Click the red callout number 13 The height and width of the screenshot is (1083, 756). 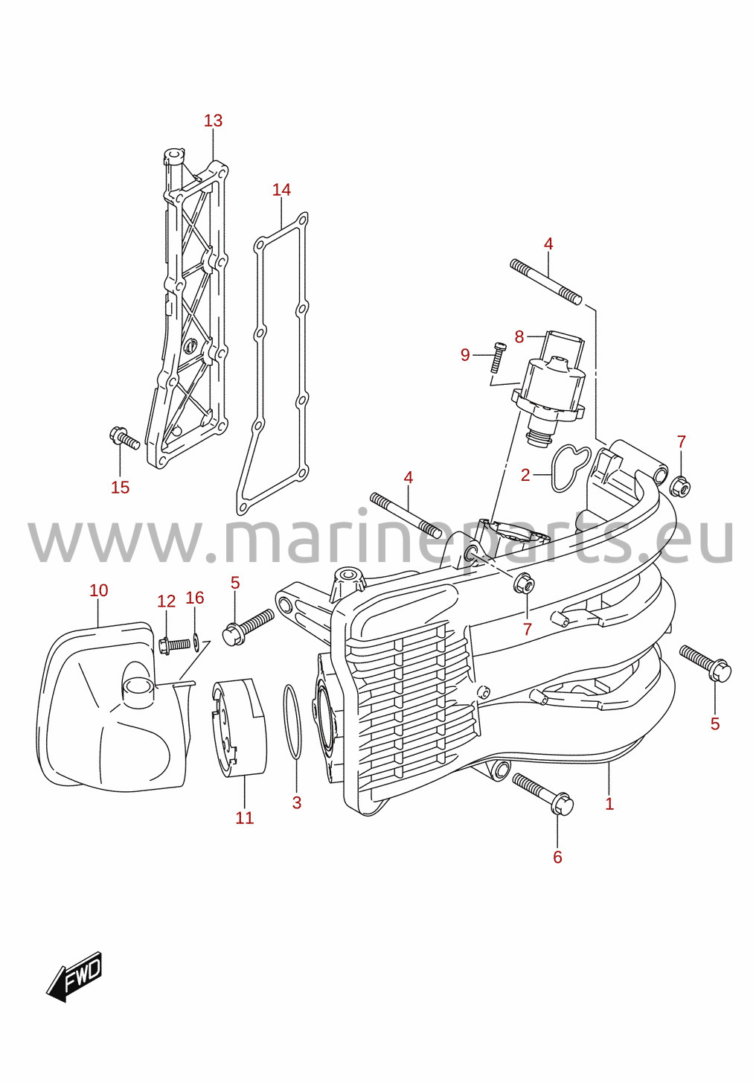point(213,121)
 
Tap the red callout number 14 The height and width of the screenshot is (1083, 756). point(281,190)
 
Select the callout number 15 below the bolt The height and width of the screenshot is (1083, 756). point(121,488)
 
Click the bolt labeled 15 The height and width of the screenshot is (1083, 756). point(125,437)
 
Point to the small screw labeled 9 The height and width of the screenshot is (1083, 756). point(497,357)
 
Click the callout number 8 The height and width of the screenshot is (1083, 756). point(519,336)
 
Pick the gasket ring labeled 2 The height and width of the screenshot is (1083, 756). point(571,467)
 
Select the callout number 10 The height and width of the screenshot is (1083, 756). point(99,590)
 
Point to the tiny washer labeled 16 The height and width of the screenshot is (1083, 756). point(196,642)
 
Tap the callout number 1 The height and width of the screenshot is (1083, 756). point(609,804)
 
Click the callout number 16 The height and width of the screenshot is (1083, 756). point(195,598)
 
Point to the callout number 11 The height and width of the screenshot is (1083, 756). point(245,818)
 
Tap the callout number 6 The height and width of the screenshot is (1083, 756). point(557,857)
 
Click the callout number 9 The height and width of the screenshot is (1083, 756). point(465,355)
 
